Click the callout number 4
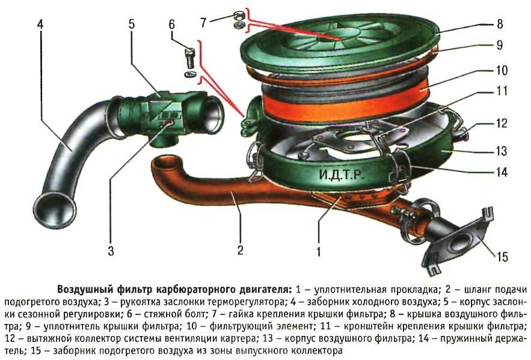click(x=40, y=25)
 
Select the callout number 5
click(x=131, y=24)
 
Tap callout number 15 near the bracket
click(x=502, y=257)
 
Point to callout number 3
click(x=111, y=251)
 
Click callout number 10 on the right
click(x=502, y=70)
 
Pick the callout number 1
click(x=318, y=252)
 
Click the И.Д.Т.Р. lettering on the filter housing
click(x=342, y=175)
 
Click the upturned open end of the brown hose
click(x=165, y=165)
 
